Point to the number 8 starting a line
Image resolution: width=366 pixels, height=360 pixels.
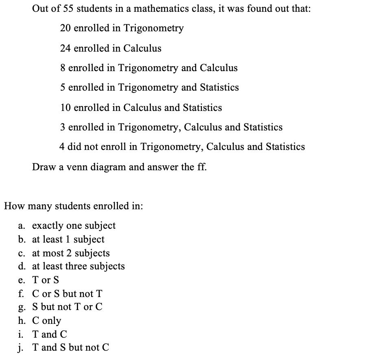click(x=63, y=68)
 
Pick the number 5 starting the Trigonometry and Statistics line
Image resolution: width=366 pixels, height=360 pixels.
click(x=63, y=87)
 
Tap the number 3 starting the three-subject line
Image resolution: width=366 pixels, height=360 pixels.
click(x=63, y=127)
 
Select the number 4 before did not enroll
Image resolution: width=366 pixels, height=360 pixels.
click(x=62, y=147)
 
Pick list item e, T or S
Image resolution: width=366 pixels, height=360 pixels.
click(x=45, y=280)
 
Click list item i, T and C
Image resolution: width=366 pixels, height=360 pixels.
click(x=49, y=334)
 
